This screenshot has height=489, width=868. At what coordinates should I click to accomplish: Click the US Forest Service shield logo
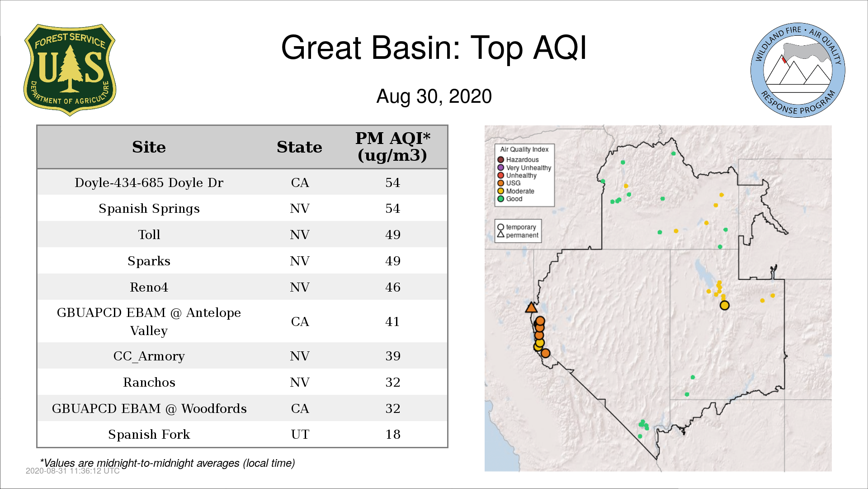click(x=70, y=70)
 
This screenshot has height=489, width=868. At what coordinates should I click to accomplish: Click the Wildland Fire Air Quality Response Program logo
click(x=798, y=70)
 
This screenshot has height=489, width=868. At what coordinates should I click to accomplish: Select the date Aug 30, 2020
click(x=434, y=96)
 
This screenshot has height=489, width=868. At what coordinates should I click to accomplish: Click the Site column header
click(x=149, y=147)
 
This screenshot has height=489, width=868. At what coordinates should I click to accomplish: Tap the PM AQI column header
click(x=392, y=147)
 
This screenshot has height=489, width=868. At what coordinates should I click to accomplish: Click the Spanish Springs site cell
click(x=149, y=209)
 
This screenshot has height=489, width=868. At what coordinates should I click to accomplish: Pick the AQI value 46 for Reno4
click(x=393, y=287)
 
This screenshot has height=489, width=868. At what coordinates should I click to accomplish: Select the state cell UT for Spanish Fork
click(x=300, y=435)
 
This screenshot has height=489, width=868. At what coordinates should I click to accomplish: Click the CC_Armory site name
click(x=149, y=356)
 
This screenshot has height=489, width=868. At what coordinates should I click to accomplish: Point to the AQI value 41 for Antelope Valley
click(x=392, y=321)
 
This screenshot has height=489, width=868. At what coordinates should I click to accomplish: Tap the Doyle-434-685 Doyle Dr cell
click(x=149, y=182)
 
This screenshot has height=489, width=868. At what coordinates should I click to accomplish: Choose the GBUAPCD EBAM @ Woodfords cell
click(x=149, y=408)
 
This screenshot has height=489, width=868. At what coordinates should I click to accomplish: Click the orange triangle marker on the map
click(x=531, y=308)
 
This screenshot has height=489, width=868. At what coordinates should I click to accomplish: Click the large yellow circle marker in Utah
click(x=725, y=305)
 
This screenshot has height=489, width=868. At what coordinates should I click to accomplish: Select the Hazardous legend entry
click(x=518, y=160)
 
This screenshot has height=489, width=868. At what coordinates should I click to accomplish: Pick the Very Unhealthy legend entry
click(x=524, y=168)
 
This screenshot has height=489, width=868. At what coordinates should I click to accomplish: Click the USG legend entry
click(x=509, y=183)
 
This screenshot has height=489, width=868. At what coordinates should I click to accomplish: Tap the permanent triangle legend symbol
click(x=500, y=235)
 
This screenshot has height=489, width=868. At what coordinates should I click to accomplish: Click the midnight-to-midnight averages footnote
click(x=167, y=463)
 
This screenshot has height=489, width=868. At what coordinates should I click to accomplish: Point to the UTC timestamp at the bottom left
click(x=73, y=471)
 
